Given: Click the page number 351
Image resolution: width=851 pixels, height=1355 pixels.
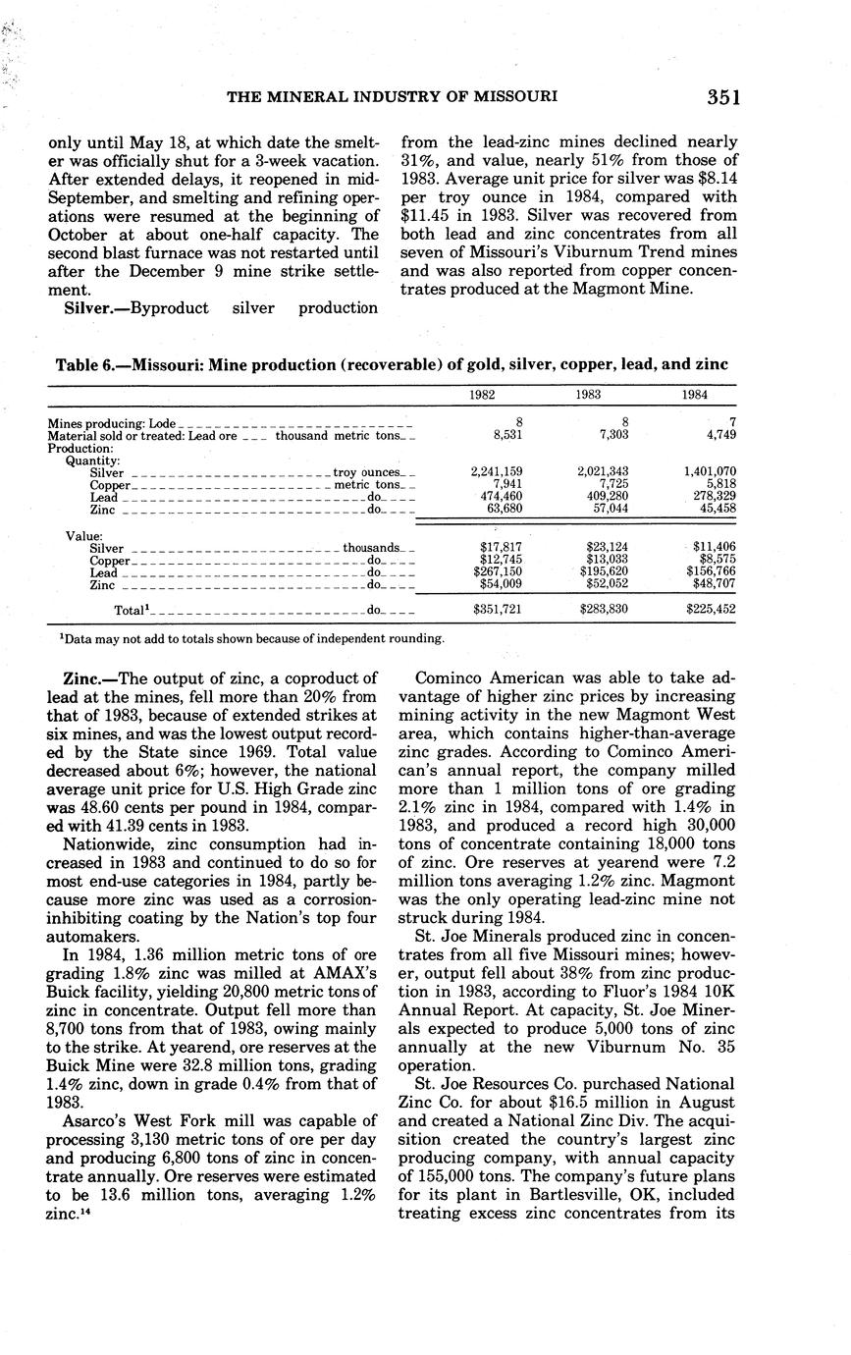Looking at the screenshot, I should click(721, 96).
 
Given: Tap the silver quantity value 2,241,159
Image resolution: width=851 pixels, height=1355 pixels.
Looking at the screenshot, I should click(497, 472).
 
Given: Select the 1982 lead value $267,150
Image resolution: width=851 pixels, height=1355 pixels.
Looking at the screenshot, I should click(498, 571).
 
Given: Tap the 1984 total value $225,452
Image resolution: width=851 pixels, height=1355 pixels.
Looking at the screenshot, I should click(712, 609).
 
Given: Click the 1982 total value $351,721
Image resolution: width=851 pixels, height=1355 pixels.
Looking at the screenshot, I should click(498, 609).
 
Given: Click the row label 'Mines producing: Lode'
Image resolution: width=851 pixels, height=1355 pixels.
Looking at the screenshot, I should click(112, 423).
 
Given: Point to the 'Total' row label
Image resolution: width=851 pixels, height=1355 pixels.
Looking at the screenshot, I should click(132, 610).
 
